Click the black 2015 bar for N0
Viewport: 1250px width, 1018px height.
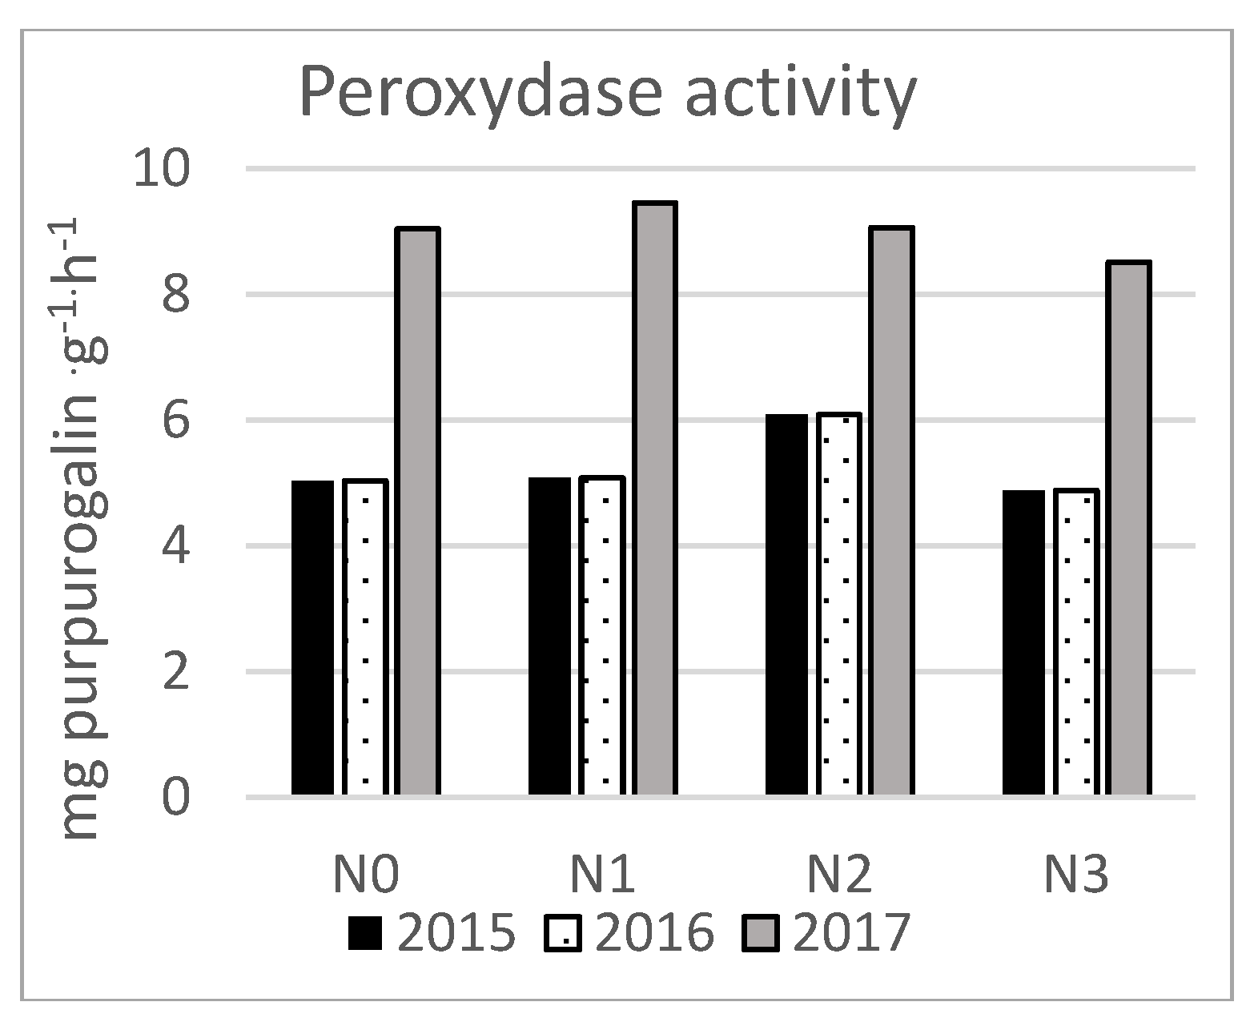click(312, 638)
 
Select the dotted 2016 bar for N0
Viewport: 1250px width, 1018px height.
click(365, 638)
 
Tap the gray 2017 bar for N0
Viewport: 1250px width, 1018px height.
click(418, 513)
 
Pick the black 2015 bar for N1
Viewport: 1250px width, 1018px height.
click(549, 636)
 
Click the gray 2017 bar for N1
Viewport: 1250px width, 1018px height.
click(655, 498)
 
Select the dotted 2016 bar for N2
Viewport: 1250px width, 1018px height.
click(839, 605)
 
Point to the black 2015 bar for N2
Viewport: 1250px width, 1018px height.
click(786, 605)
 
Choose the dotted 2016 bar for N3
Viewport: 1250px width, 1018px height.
click(1076, 642)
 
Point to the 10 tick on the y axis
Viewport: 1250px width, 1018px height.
click(162, 169)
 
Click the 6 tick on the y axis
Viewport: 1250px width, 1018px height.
click(179, 420)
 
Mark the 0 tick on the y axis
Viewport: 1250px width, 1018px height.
click(179, 797)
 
